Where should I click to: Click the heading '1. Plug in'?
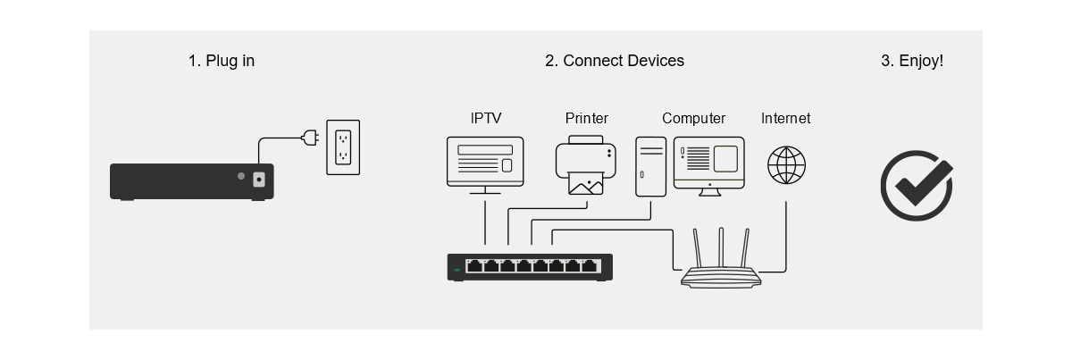click(x=222, y=61)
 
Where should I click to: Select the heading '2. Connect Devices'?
click(x=615, y=61)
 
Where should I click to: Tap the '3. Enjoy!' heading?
click(x=912, y=61)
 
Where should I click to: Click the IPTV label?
click(x=486, y=118)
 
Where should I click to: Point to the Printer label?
click(x=587, y=118)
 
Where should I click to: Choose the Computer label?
click(x=693, y=118)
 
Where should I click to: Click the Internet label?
click(x=786, y=118)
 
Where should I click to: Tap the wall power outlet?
click(x=343, y=147)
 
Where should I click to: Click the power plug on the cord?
click(x=310, y=138)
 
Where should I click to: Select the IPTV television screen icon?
click(x=485, y=165)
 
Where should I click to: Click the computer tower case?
click(x=651, y=166)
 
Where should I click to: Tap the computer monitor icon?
click(x=709, y=166)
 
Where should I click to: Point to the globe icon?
click(x=786, y=165)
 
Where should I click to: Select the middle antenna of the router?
click(x=721, y=247)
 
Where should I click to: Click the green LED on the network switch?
click(x=456, y=270)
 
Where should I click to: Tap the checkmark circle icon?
click(x=917, y=186)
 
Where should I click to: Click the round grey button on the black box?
click(x=241, y=176)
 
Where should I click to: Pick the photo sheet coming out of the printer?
click(x=586, y=184)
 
